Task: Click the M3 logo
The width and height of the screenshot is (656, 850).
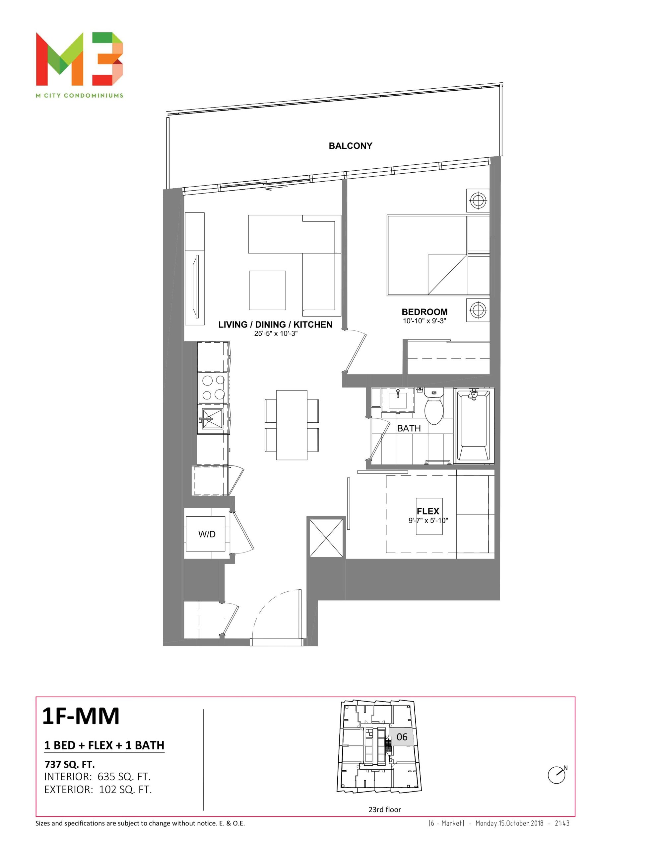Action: (x=79, y=59)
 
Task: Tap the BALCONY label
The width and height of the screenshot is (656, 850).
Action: (x=350, y=146)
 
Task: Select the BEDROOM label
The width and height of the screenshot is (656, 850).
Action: (x=424, y=312)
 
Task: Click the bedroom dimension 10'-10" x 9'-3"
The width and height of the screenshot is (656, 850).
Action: (x=424, y=321)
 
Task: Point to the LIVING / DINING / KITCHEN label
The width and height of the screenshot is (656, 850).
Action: (x=275, y=325)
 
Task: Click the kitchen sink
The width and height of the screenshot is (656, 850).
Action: (x=212, y=419)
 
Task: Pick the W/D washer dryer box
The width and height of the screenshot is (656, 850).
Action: (x=205, y=534)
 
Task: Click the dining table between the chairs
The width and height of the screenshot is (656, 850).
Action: (x=292, y=425)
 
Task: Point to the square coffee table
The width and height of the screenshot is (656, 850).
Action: (x=267, y=290)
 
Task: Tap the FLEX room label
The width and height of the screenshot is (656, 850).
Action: (x=428, y=511)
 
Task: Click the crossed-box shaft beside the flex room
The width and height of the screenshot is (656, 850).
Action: (x=326, y=538)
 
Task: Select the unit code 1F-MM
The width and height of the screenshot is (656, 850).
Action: (x=81, y=716)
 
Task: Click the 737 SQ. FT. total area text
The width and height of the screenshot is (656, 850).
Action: (x=70, y=764)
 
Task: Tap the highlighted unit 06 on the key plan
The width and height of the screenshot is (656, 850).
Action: (x=402, y=737)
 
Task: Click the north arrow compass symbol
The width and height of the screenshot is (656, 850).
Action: (x=557, y=775)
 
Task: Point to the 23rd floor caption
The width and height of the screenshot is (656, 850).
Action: (x=385, y=809)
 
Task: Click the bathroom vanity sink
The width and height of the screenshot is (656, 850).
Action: (x=397, y=400)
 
